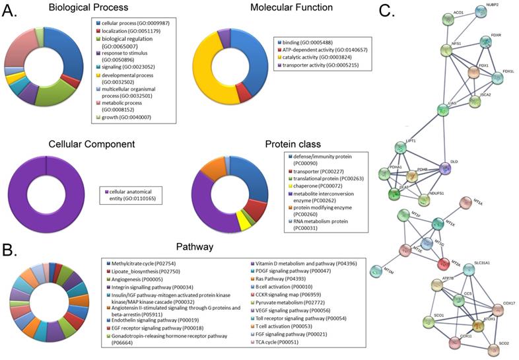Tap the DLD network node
pos(444,169)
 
